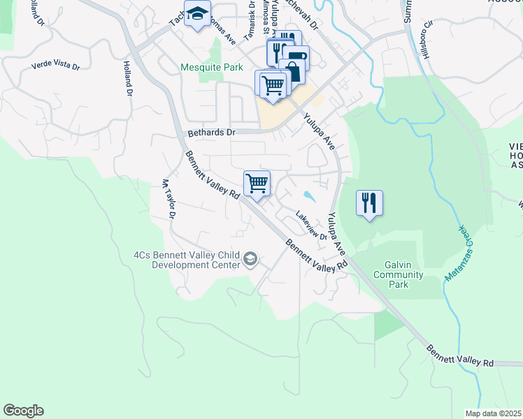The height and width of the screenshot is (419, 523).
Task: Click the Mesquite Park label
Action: [x=212, y=68]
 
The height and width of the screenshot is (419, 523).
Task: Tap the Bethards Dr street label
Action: [x=213, y=132]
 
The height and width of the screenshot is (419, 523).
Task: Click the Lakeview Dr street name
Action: [x=311, y=226]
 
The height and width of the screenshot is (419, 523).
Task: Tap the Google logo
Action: [x=23, y=411]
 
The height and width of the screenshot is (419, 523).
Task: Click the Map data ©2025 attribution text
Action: [x=493, y=413]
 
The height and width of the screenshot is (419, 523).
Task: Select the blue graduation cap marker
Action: [x=197, y=13]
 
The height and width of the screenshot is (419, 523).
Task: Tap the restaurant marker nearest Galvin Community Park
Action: [x=369, y=203]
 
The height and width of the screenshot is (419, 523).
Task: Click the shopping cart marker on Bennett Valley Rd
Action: [x=257, y=184]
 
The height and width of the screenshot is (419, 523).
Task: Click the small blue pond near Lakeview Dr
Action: [x=308, y=196]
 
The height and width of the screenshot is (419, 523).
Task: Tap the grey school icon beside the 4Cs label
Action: [x=250, y=260]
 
